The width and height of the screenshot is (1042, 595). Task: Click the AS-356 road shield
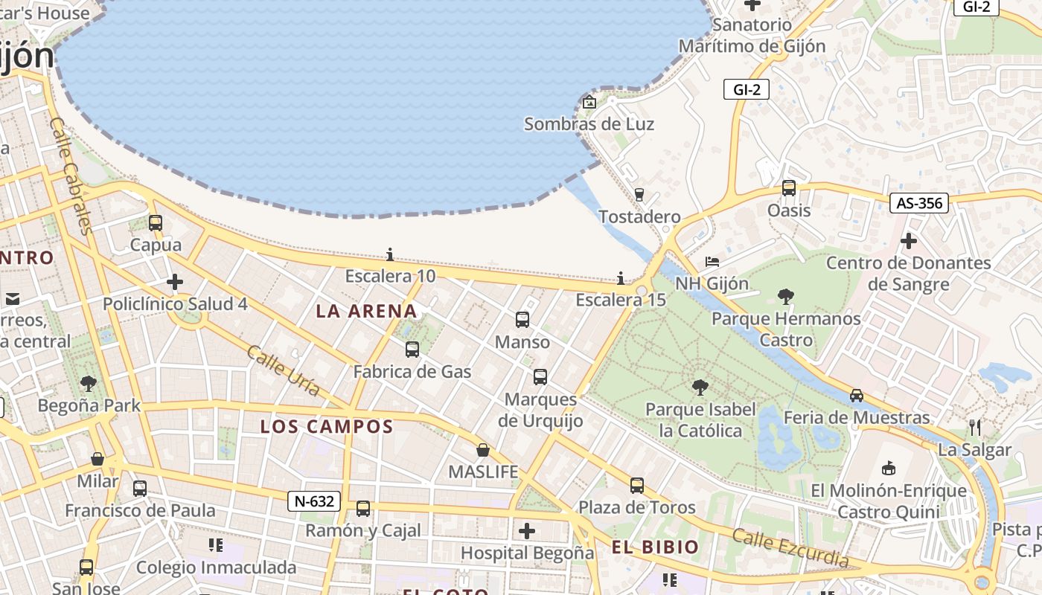(919, 203)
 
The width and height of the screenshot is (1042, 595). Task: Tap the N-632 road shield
(314, 501)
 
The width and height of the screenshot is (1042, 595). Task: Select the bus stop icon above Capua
(156, 222)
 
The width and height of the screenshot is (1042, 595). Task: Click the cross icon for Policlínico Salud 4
(175, 282)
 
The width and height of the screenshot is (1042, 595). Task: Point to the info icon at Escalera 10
(389, 254)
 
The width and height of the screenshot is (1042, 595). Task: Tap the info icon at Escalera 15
(621, 278)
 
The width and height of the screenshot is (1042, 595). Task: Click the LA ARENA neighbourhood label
(366, 311)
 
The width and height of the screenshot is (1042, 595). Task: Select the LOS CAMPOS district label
(327, 427)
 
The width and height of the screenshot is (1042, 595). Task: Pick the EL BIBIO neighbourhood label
(655, 548)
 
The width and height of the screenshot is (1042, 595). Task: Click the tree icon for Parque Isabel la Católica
(700, 387)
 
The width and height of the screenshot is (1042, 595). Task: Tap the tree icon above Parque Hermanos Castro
(785, 297)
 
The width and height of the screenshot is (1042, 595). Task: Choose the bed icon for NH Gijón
(712, 261)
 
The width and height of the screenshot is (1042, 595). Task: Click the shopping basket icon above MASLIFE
(483, 450)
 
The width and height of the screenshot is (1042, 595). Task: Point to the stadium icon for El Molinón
(888, 468)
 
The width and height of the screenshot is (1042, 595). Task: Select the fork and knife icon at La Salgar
(975, 427)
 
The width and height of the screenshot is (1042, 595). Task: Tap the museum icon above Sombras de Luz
(589, 102)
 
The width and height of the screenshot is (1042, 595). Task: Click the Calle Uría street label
(283, 370)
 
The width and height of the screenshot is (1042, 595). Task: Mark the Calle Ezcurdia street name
(790, 547)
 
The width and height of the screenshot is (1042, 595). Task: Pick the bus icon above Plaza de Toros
(637, 486)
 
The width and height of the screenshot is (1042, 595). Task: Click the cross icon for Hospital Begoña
(527, 531)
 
